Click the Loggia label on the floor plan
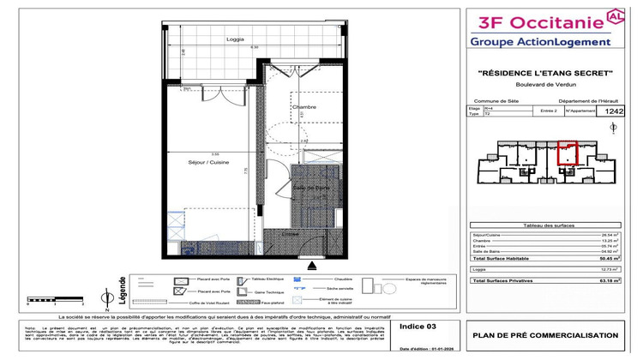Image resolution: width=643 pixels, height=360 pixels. [x=235, y=40]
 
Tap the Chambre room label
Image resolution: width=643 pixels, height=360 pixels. [x=303, y=107]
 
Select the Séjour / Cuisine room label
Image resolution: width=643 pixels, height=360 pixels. [x=206, y=161]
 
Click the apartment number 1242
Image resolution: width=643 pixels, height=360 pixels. [x=615, y=111]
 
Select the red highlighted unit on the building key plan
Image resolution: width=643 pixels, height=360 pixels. [x=568, y=153]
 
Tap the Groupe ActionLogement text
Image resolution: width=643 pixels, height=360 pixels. [x=540, y=40]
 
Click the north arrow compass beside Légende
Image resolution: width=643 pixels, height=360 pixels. [x=104, y=297]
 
